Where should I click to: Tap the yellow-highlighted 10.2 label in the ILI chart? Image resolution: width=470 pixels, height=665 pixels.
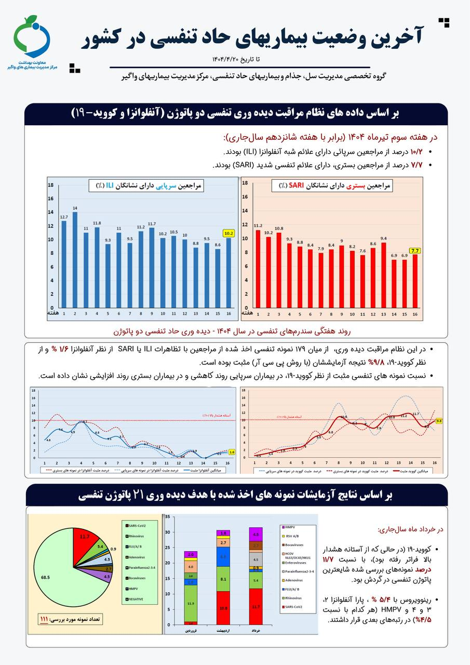pos(229,233)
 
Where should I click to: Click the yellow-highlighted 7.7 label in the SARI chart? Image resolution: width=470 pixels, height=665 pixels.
pos(415,251)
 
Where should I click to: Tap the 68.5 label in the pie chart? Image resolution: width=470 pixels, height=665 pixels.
pos(46,577)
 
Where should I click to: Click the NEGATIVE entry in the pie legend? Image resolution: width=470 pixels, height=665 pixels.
pos(138,599)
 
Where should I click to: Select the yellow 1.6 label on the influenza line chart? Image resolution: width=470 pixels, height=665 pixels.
pos(232,452)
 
